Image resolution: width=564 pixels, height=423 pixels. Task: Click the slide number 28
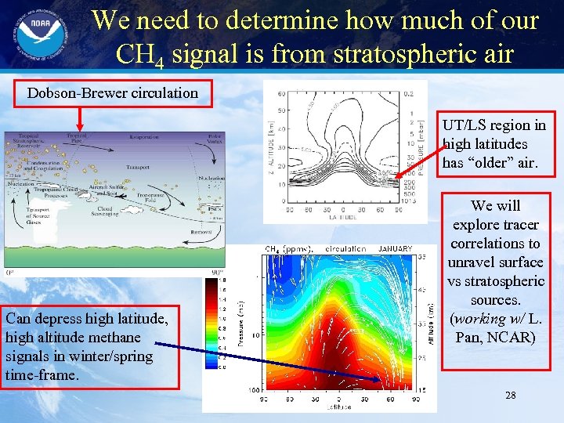coord(510,395)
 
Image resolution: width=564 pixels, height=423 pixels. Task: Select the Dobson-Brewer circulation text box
coord(113,93)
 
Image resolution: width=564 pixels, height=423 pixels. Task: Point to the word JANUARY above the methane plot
coord(395,249)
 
